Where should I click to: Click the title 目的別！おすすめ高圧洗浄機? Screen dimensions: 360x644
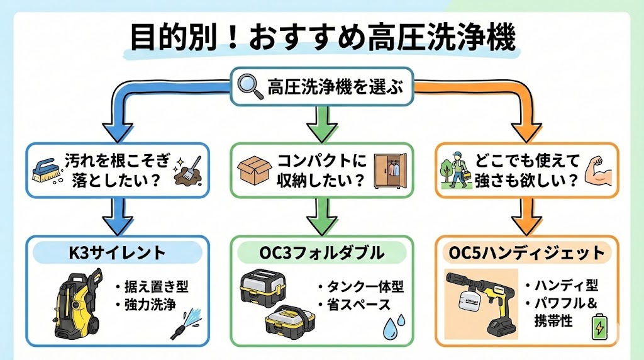click(x=322, y=37)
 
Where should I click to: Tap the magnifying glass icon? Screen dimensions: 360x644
click(x=250, y=86)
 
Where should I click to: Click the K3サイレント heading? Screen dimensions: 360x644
click(x=117, y=252)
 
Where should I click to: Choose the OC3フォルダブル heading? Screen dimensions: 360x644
click(x=321, y=252)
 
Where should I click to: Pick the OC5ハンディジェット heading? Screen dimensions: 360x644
click(x=526, y=253)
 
